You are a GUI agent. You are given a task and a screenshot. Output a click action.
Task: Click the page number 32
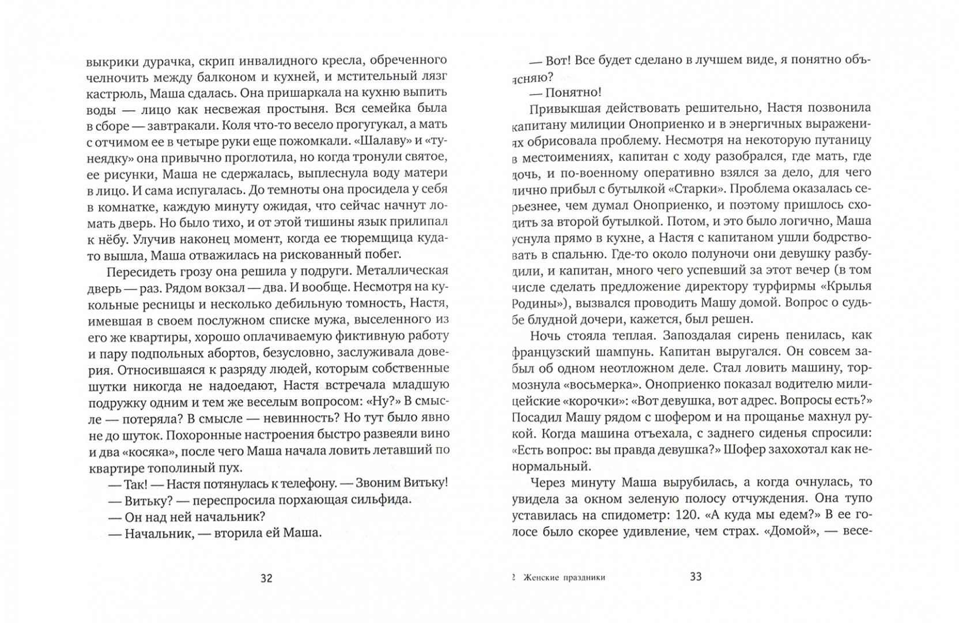(266, 578)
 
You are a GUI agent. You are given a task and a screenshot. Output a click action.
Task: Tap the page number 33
(696, 577)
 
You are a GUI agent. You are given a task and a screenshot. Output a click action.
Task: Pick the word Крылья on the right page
(847, 286)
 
